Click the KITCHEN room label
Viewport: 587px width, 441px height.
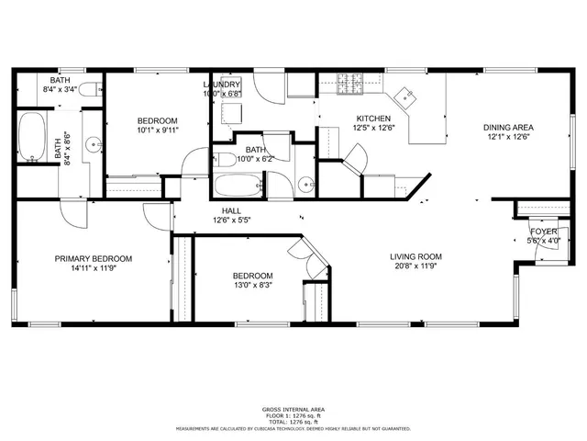click(x=372, y=119)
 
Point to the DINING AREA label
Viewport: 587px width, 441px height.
click(x=508, y=128)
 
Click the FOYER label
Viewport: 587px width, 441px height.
click(x=543, y=231)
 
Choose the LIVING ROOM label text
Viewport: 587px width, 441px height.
click(x=415, y=257)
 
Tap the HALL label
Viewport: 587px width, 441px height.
click(x=231, y=210)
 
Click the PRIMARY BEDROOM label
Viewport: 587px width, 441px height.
click(x=93, y=259)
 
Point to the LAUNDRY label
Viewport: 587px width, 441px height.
click(x=221, y=85)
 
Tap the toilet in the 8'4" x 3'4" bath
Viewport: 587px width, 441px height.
click(x=85, y=89)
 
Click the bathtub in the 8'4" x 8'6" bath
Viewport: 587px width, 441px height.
click(x=33, y=138)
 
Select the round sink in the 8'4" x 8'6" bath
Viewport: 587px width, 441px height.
click(x=94, y=145)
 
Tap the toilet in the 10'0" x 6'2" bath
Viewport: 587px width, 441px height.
click(x=226, y=158)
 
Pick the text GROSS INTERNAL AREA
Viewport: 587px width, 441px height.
click(x=293, y=409)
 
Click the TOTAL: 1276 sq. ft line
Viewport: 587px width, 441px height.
click(x=293, y=422)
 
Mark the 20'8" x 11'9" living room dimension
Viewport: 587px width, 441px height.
click(x=415, y=267)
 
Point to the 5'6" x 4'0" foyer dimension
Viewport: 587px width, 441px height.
click(x=543, y=241)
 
